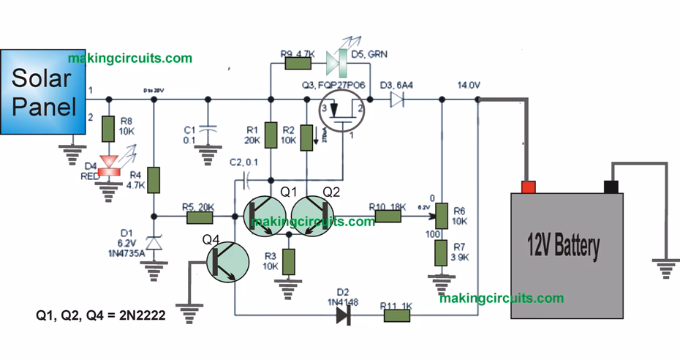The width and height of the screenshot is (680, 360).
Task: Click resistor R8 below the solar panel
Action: pyautogui.click(x=108, y=130)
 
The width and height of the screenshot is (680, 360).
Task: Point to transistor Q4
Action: pyautogui.click(x=224, y=264)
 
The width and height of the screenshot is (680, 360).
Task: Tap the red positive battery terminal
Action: pyautogui.click(x=528, y=187)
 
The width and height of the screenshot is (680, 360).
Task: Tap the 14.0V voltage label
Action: pyautogui.click(x=468, y=86)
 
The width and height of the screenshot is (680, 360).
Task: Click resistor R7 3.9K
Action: pyautogui.click(x=442, y=253)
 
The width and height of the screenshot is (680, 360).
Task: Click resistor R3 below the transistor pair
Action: pyautogui.click(x=289, y=260)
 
